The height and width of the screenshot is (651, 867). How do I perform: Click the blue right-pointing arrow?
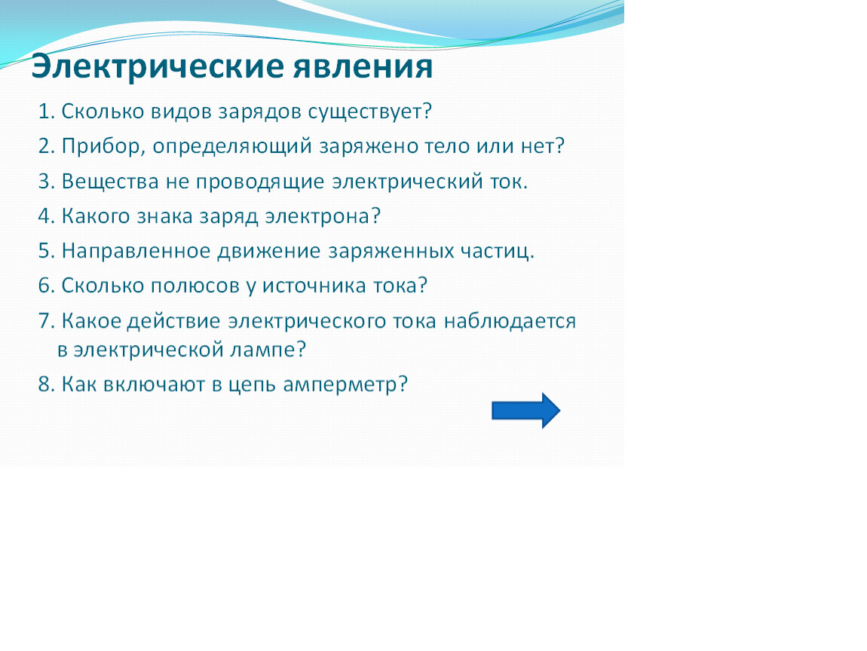pyautogui.click(x=525, y=411)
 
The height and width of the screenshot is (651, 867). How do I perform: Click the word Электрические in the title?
pyautogui.click(x=157, y=67)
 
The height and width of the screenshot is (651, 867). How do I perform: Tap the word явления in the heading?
pyautogui.click(x=362, y=67)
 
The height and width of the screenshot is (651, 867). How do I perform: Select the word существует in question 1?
pyautogui.click(x=369, y=112)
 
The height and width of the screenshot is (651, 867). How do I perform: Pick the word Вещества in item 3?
pyautogui.click(x=110, y=182)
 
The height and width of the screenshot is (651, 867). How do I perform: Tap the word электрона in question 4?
pyautogui.click(x=323, y=217)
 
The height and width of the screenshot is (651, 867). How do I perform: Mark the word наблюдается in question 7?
pyautogui.click(x=510, y=322)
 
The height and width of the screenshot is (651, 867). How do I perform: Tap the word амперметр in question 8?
pyautogui.click(x=345, y=384)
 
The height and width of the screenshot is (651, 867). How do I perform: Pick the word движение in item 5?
pyautogui.click(x=268, y=252)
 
